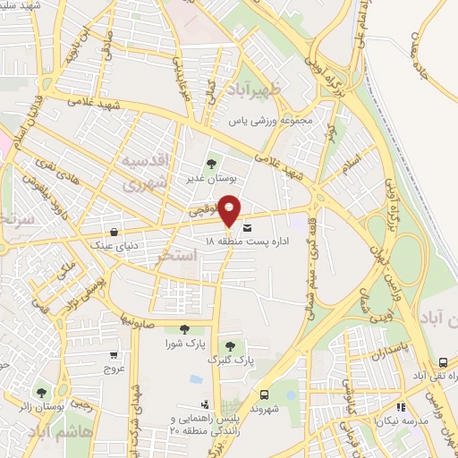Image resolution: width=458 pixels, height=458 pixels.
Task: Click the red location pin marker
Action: pyautogui.click(x=230, y=209)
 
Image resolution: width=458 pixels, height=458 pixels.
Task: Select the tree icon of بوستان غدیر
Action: pyautogui.click(x=211, y=163)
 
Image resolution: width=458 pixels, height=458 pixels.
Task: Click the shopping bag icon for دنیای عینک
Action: pyautogui.click(x=113, y=231)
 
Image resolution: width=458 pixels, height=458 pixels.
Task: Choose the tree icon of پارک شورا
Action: pyautogui.click(x=184, y=329)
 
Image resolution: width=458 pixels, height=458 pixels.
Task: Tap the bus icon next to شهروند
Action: pyautogui.click(x=264, y=394)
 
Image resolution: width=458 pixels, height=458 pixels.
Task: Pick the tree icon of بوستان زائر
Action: pyautogui.click(x=41, y=392)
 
